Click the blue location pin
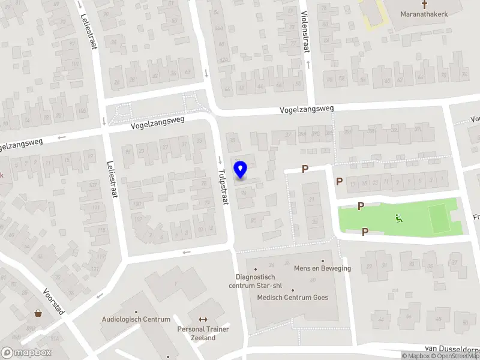click(241, 170)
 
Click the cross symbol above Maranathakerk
click(424, 4)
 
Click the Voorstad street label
click(53, 301)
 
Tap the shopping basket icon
click(38, 313)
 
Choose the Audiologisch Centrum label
click(136, 319)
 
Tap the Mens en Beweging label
click(322, 268)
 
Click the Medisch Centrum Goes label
click(292, 298)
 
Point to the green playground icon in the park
click(398, 218)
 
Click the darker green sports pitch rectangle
click(439, 218)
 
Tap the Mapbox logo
click(26, 353)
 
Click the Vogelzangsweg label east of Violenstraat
click(305, 109)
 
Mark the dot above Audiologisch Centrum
click(136, 311)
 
